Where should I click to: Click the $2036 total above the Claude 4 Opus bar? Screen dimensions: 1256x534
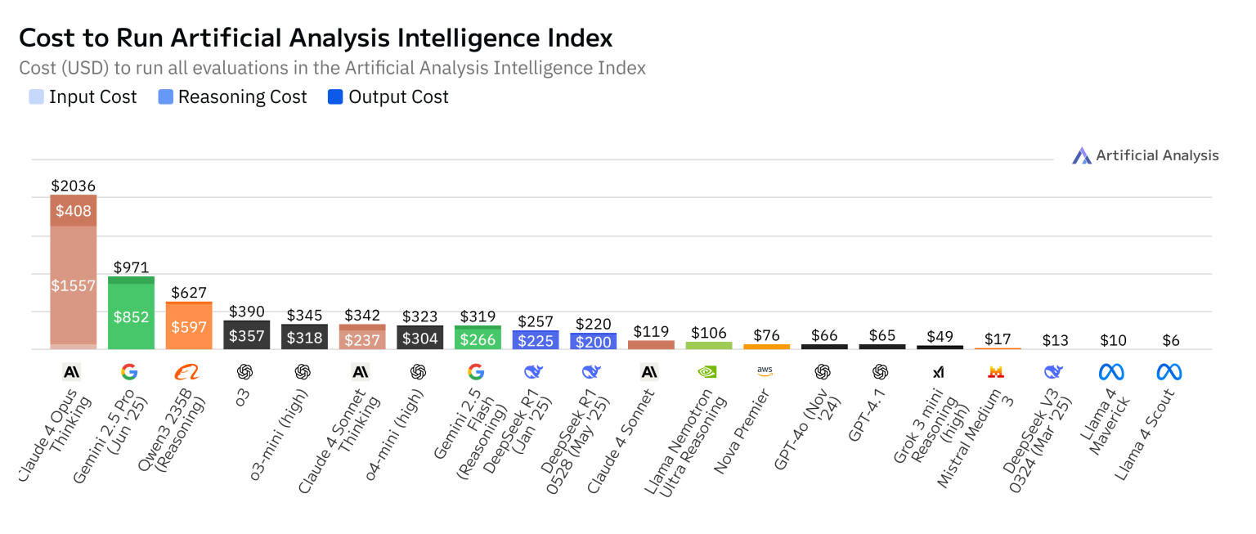(x=73, y=186)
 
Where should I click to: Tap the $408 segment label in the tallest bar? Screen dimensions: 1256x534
(x=73, y=211)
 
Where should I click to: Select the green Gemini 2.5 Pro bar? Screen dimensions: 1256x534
(x=131, y=313)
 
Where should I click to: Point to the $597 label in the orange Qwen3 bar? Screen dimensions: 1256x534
(x=189, y=327)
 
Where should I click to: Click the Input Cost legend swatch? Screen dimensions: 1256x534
(x=37, y=96)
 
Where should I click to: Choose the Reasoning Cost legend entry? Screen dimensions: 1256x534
(x=233, y=96)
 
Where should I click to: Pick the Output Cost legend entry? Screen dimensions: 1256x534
(x=388, y=96)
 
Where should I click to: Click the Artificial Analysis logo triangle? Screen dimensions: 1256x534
(x=1082, y=156)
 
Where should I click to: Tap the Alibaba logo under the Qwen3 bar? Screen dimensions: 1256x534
(x=186, y=372)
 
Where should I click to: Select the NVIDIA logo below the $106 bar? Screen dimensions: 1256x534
(x=707, y=372)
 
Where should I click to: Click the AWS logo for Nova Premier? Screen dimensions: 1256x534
(x=765, y=371)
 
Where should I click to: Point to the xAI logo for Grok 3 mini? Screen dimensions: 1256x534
(x=938, y=372)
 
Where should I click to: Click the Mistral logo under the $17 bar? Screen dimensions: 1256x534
(x=996, y=372)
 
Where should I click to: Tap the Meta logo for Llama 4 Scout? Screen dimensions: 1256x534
(x=1169, y=372)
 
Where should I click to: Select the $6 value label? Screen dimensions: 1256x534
(x=1171, y=340)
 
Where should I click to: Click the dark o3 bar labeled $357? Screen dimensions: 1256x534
(x=247, y=334)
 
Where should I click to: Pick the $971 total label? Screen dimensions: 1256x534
(x=131, y=267)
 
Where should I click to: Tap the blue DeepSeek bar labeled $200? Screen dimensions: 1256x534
(x=593, y=341)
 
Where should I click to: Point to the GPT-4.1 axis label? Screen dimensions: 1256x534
(x=867, y=415)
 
